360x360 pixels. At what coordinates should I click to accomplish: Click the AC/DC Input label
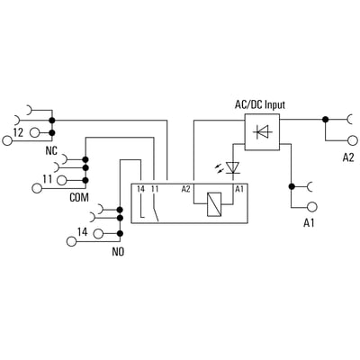point(260,105)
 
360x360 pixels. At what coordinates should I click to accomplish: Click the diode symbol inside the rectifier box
point(263,131)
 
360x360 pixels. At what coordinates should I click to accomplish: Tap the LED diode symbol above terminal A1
point(233,167)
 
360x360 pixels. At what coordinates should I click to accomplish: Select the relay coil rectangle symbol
point(214,204)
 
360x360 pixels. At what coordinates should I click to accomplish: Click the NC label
point(51,150)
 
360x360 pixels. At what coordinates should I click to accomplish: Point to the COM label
point(79,197)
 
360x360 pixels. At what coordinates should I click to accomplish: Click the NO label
point(118,251)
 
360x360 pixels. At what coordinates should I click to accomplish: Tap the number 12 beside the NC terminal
point(18,132)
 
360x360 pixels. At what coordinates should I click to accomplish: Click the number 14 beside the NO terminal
point(83,232)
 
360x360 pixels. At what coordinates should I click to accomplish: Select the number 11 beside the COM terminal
point(48,179)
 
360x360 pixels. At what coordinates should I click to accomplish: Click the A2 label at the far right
point(348,157)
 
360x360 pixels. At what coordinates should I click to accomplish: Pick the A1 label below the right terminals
point(309,223)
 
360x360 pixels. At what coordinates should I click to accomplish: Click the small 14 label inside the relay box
point(140,189)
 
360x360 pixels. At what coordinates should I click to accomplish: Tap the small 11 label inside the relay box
point(155,189)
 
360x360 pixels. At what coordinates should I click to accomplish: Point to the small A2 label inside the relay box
point(185,189)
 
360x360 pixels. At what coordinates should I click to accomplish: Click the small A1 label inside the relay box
point(239,189)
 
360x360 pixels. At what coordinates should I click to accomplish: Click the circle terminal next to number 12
point(35,132)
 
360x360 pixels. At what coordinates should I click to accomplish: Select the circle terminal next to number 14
point(99,233)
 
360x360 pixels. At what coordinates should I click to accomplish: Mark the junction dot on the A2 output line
point(325,120)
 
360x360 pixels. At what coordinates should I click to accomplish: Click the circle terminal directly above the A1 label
point(312,207)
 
